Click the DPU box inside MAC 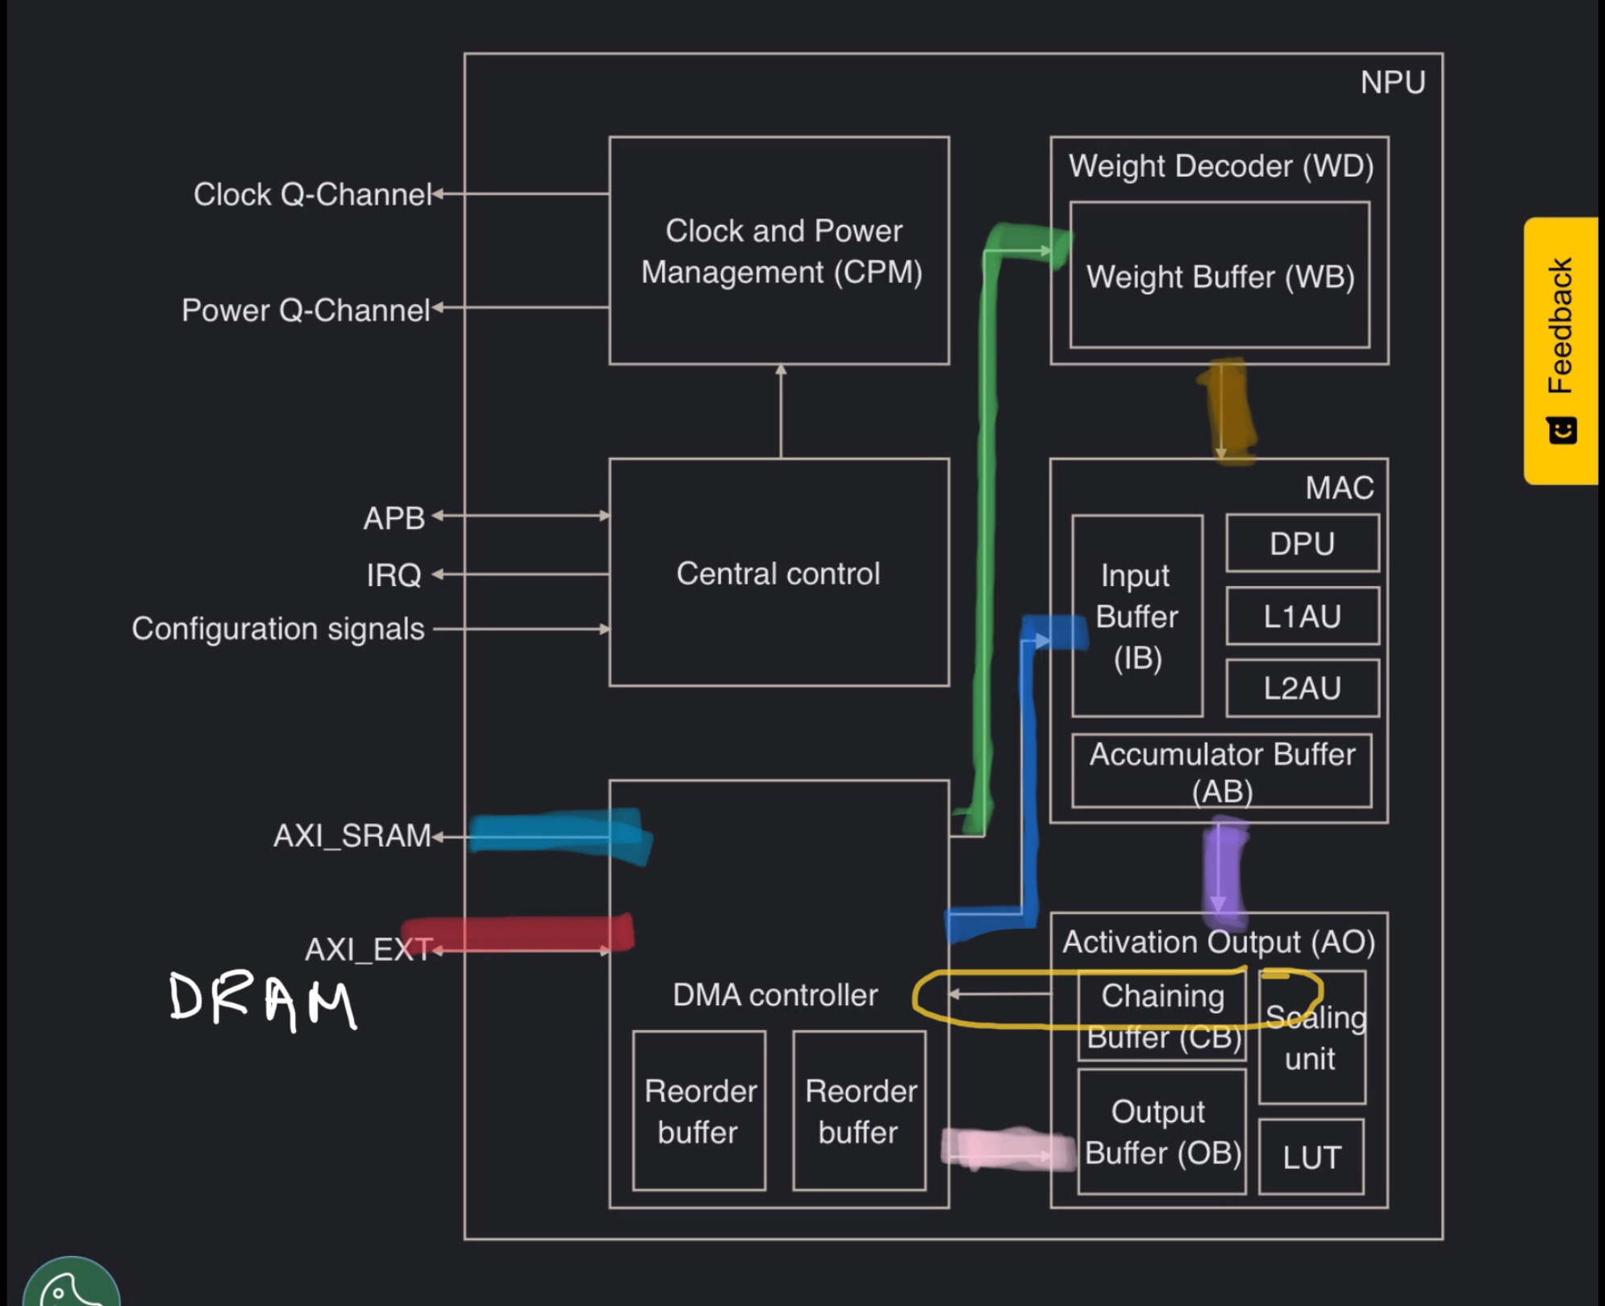1302,543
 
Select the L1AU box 1302,616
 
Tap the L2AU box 1302,688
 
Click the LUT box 1311,1157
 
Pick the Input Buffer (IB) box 1136,616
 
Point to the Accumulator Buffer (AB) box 1221,771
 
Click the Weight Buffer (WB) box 1219,276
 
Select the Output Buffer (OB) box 1161,1132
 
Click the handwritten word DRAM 263,1001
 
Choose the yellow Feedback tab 1561,350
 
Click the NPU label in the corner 1392,82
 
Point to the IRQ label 394,575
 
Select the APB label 394,518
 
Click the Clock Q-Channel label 313,194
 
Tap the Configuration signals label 278,628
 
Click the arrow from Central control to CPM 781,411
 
